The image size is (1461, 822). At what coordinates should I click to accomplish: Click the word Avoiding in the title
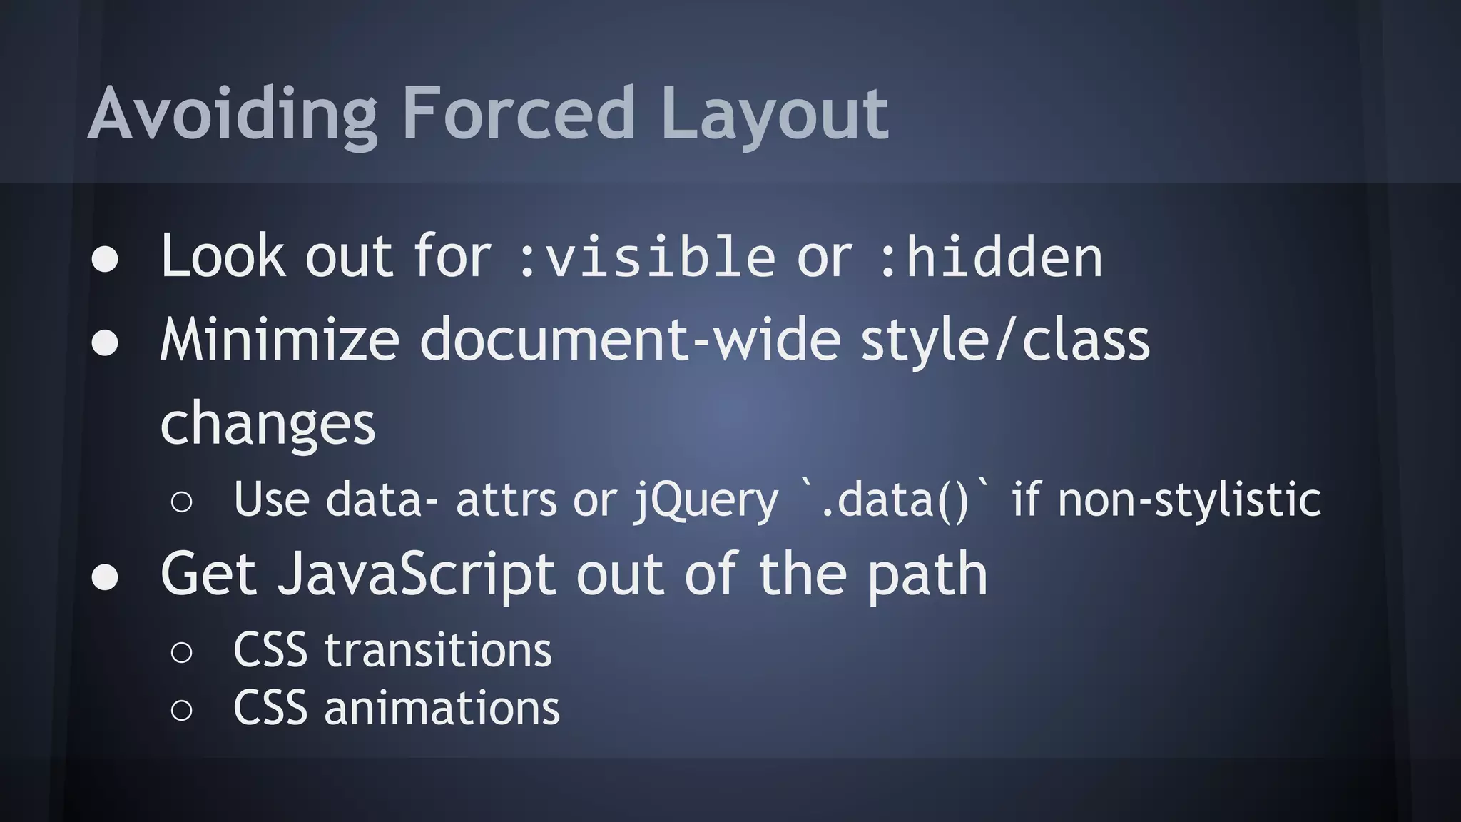[x=232, y=114]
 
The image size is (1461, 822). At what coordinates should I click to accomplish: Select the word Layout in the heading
[x=775, y=114]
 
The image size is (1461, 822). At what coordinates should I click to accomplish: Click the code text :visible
[x=646, y=258]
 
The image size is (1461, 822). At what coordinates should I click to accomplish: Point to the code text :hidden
[x=990, y=258]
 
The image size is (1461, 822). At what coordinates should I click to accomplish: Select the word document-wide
[x=631, y=340]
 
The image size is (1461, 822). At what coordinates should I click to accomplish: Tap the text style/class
[x=1006, y=340]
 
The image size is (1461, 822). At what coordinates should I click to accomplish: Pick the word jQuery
[x=706, y=499]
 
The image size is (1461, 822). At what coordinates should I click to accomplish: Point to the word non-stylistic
[x=1189, y=499]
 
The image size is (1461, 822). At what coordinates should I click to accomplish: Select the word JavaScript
[x=417, y=575]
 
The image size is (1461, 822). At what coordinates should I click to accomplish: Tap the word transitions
[x=438, y=651]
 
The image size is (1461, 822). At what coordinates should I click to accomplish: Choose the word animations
[x=442, y=709]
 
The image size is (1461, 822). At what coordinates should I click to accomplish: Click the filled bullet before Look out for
[x=105, y=260]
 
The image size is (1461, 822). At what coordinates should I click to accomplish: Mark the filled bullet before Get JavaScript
[x=105, y=577]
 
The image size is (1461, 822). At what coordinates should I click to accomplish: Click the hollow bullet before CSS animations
[x=182, y=710]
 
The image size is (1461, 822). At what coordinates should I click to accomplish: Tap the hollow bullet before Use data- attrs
[x=182, y=502]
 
